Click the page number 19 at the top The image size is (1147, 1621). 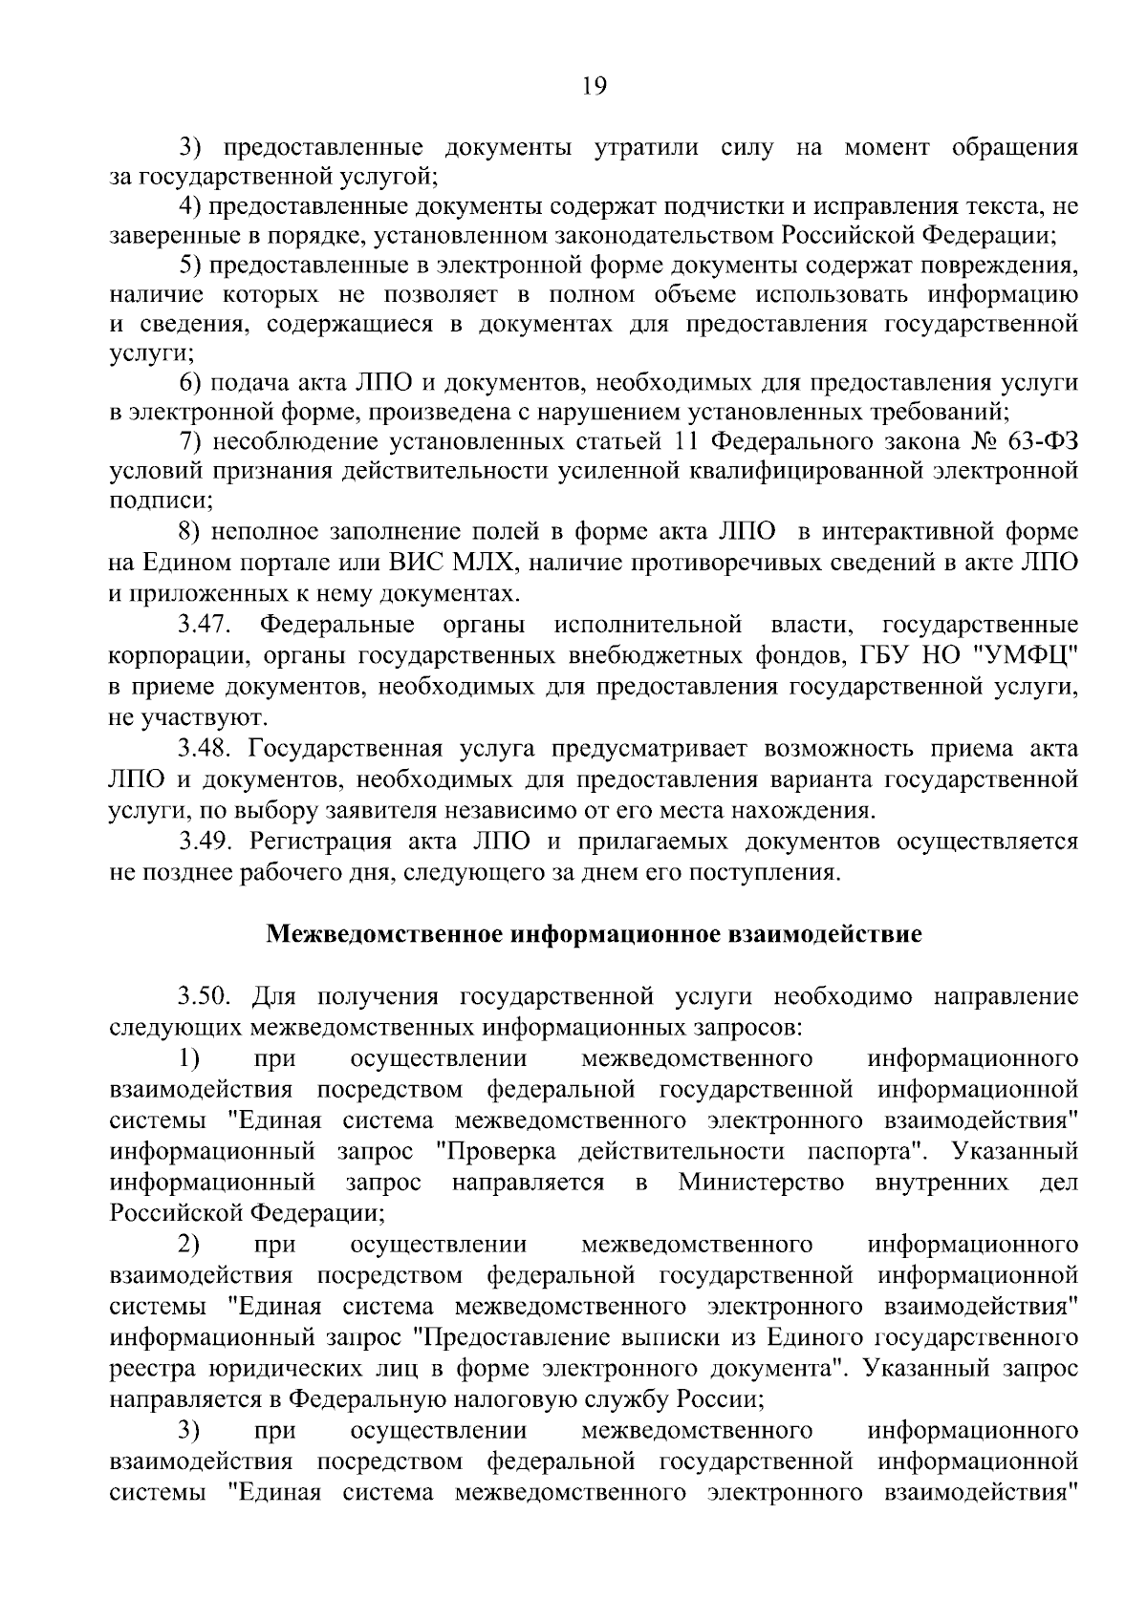594,87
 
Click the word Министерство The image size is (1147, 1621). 761,1183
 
